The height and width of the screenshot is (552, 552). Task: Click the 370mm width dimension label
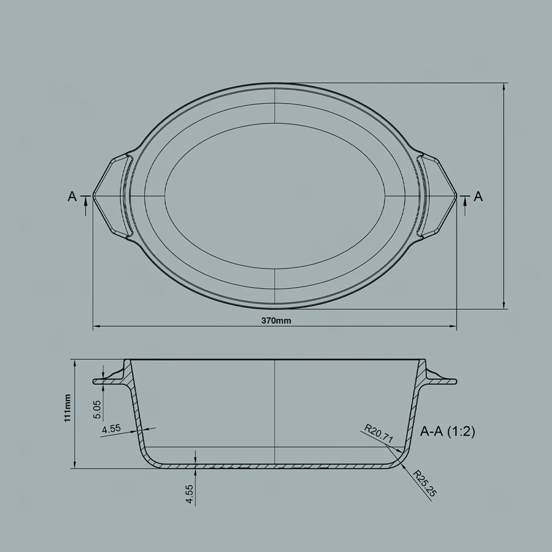276,321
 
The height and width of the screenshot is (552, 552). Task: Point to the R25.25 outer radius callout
424,484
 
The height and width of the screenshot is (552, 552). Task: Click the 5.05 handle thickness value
98,409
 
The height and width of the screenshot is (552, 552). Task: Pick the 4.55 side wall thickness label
111,429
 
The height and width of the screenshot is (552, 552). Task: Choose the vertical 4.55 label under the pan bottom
190,495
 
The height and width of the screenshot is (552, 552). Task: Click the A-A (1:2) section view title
447,432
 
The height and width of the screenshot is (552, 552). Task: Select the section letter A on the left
72,196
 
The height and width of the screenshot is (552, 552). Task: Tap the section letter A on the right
478,196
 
